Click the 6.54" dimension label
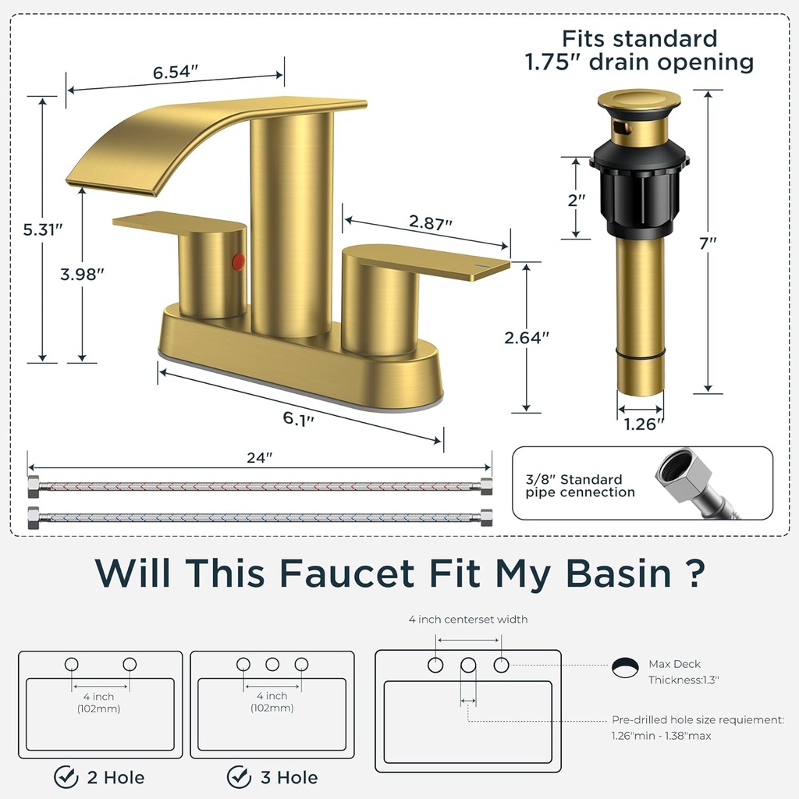pos(176,73)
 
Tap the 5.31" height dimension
pos(42,229)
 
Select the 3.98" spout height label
pos(83,274)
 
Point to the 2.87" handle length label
pos(431,222)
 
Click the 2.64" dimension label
pos(527,337)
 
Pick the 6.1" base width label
pos(298,418)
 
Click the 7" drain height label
pos(708,243)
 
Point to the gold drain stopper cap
pos(638,101)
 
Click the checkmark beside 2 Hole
pos(66,777)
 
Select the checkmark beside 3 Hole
pos(239,777)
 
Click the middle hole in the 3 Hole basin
pos(272,665)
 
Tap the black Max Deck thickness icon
pos(624,666)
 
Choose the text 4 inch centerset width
pos(468,620)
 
